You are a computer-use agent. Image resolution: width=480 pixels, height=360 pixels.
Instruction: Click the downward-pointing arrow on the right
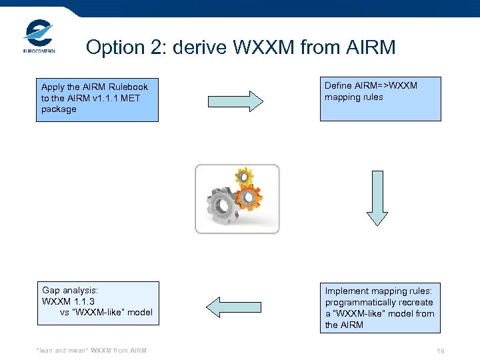[377, 198]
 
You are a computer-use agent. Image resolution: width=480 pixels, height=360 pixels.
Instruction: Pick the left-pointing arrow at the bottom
[234, 307]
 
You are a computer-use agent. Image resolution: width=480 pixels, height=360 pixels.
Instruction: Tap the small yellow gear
[244, 176]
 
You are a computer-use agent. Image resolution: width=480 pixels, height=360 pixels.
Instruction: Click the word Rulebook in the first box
[126, 87]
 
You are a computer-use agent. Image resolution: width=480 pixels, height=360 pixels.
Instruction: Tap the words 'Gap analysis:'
[70, 290]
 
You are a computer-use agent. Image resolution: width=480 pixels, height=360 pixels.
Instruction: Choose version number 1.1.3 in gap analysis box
[91, 301]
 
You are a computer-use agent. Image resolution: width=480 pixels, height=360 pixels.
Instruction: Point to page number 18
[440, 351]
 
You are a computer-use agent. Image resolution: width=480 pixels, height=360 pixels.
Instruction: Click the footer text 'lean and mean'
[61, 351]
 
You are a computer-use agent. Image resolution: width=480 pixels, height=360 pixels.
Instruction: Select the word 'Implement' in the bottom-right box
[347, 291]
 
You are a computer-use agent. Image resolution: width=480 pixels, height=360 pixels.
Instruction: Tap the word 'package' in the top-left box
[59, 109]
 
